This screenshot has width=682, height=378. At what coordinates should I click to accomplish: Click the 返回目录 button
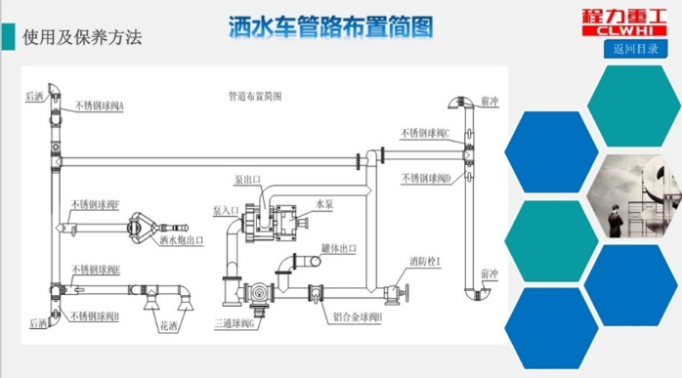pyautogui.click(x=635, y=48)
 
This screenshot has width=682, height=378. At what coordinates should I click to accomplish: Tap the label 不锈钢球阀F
pyautogui.click(x=96, y=206)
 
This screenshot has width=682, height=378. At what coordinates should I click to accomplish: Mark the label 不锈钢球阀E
pyautogui.click(x=96, y=270)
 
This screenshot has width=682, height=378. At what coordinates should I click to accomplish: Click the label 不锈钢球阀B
pyautogui.click(x=96, y=316)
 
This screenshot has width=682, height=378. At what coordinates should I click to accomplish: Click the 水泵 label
pyautogui.click(x=324, y=204)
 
